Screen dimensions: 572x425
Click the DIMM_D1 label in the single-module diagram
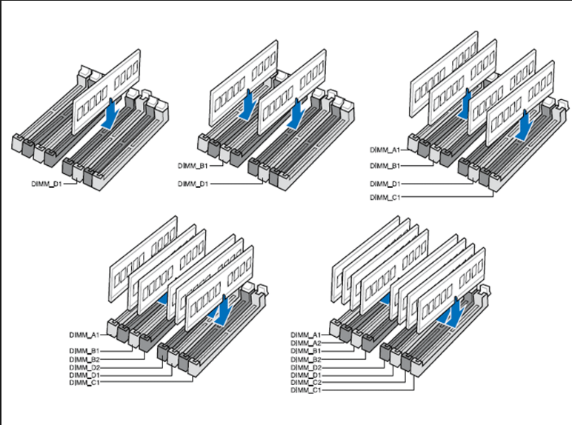click(47, 184)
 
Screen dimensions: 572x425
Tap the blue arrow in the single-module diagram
click(110, 114)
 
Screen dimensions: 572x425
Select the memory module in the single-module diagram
click(107, 91)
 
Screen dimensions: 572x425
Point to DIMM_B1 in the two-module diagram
click(193, 166)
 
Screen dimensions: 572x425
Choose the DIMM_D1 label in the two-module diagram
click(193, 184)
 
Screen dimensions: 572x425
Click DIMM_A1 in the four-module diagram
click(385, 150)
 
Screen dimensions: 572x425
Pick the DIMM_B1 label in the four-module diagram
click(385, 166)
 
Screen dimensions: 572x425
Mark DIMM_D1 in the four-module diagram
click(385, 184)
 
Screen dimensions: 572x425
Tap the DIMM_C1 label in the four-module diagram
click(385, 197)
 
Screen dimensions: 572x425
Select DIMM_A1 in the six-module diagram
click(84, 335)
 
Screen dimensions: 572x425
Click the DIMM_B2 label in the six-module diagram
click(84, 359)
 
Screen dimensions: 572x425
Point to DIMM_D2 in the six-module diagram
click(84, 367)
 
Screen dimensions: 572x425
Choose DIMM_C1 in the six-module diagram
click(84, 382)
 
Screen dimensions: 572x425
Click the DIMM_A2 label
click(306, 343)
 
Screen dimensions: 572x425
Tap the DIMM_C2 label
click(306, 382)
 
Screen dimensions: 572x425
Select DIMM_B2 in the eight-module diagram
click(306, 359)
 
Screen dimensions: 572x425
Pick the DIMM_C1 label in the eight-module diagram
click(306, 390)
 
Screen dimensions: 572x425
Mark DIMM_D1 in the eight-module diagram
click(306, 375)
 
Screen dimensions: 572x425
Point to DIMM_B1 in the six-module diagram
click(84, 351)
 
